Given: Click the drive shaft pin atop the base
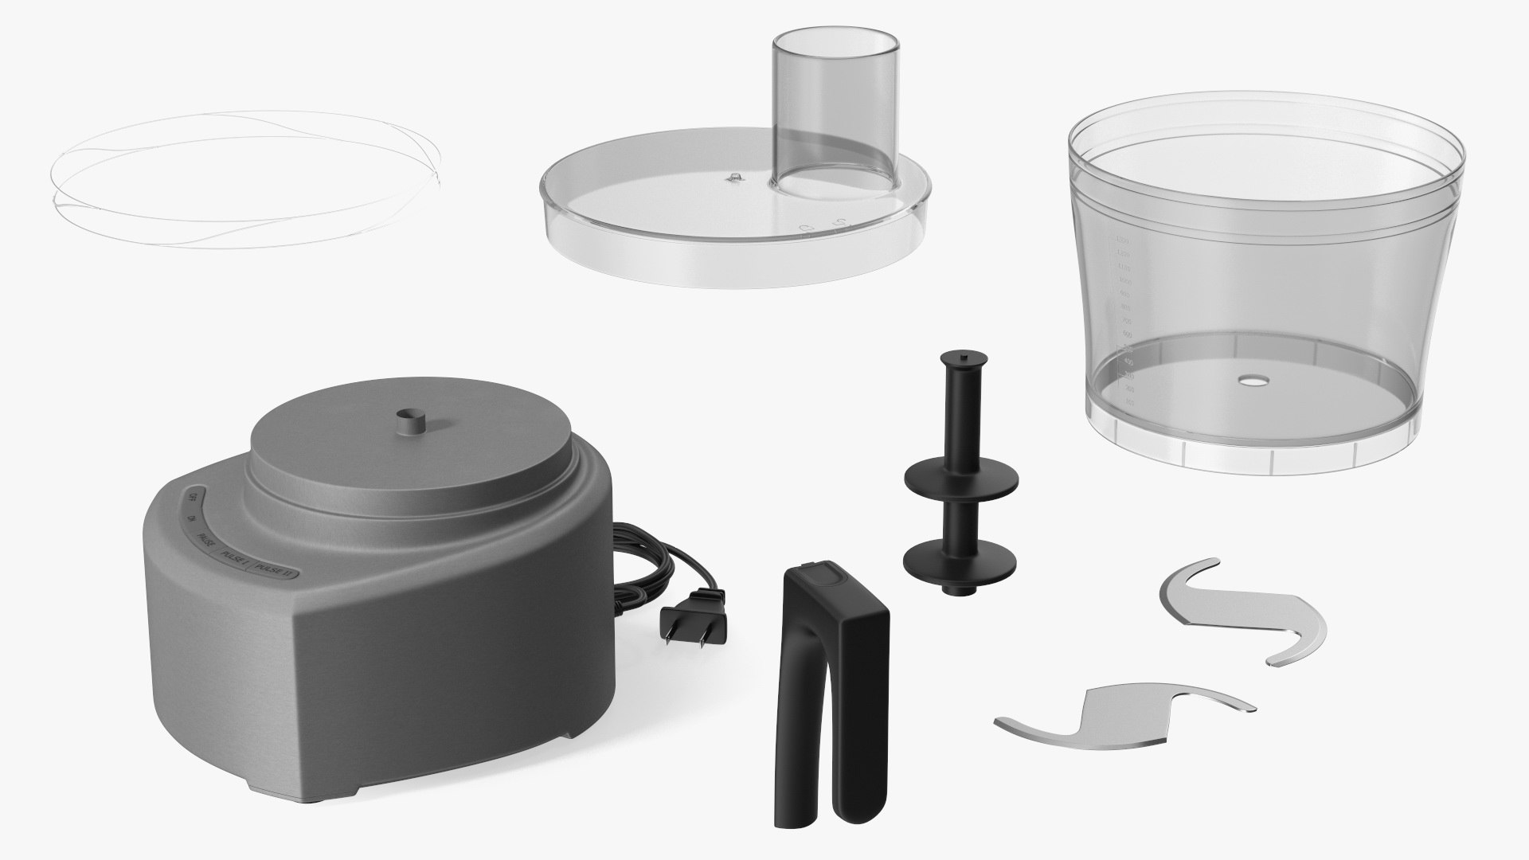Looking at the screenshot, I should pyautogui.click(x=411, y=421).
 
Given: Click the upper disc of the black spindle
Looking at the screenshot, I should pyautogui.click(x=961, y=479).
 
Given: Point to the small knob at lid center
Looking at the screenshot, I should pyautogui.click(x=733, y=178).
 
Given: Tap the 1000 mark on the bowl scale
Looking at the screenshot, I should pyautogui.click(x=1124, y=282).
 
